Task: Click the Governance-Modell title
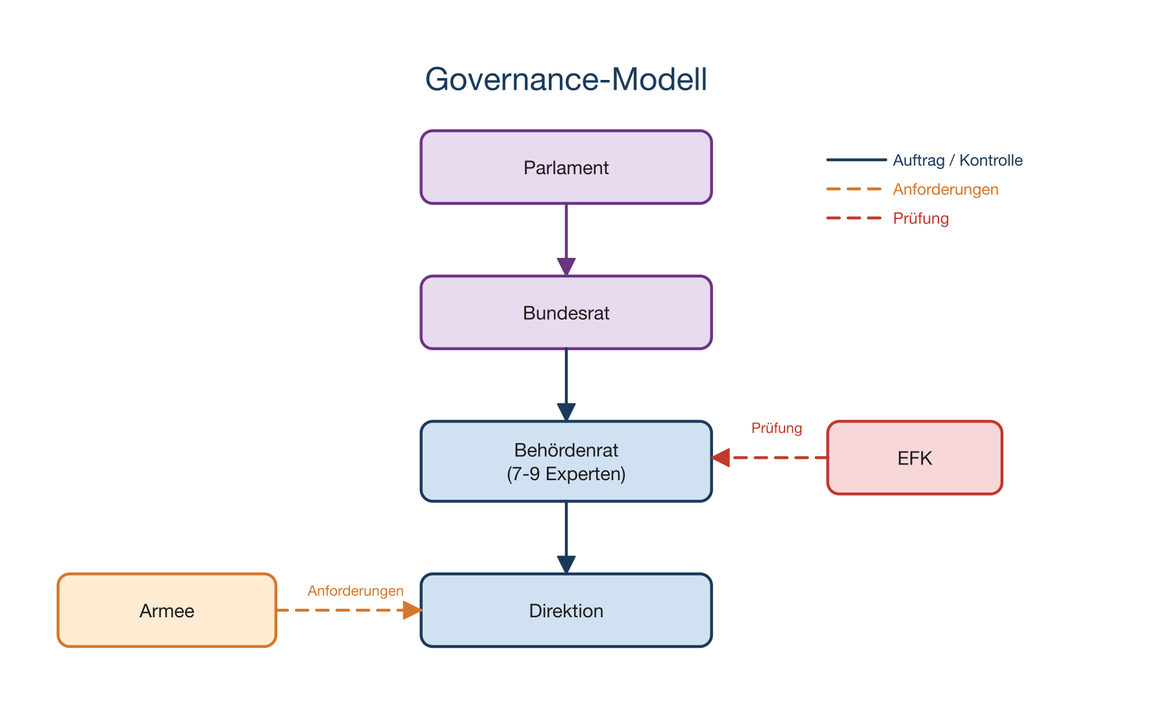coord(566,80)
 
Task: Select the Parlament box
coord(566,168)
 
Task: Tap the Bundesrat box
coord(566,313)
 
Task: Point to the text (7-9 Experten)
coord(566,474)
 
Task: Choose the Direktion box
coord(566,610)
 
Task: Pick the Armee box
coord(167,610)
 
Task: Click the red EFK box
coord(914,458)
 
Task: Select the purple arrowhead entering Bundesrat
coord(566,266)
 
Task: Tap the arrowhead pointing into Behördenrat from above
coord(566,412)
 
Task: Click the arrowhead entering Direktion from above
coord(566,564)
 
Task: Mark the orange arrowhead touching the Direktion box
coord(412,610)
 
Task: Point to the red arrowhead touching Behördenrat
coord(721,457)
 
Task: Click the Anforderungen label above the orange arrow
coord(355,591)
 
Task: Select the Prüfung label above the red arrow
coord(776,428)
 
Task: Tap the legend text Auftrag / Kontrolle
coord(957,160)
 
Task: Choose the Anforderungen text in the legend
coord(945,190)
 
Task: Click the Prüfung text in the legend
coord(920,218)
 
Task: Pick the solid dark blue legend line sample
coord(856,160)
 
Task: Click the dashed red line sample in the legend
coord(854,218)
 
